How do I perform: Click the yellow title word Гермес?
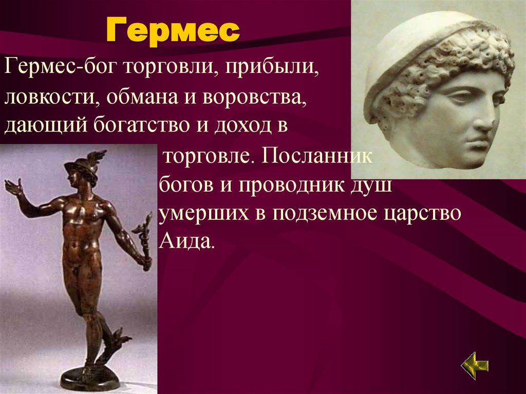pos(173,31)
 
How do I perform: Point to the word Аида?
pos(185,240)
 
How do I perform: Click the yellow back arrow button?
pos(475,366)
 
